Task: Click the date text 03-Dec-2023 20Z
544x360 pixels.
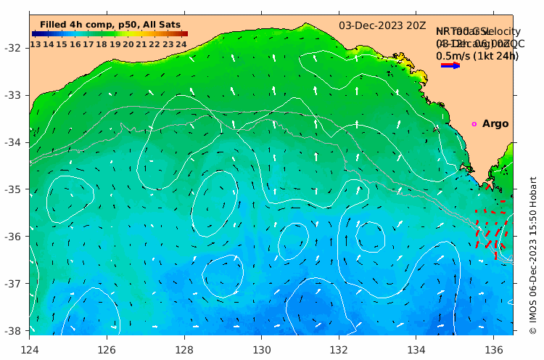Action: [382, 25]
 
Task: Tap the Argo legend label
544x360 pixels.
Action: [495, 124]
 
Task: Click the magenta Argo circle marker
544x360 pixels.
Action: [474, 124]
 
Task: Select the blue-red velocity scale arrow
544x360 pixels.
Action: [450, 65]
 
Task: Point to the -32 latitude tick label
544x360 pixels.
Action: [15, 49]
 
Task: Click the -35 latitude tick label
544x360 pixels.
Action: [15, 189]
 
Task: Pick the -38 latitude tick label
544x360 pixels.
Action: [15, 330]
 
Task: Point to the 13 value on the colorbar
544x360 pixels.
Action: [35, 44]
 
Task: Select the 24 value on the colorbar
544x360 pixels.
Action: [181, 44]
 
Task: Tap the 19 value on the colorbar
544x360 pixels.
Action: [115, 44]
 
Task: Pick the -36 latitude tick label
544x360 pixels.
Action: [15, 237]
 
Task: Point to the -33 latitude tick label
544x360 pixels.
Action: [15, 96]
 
